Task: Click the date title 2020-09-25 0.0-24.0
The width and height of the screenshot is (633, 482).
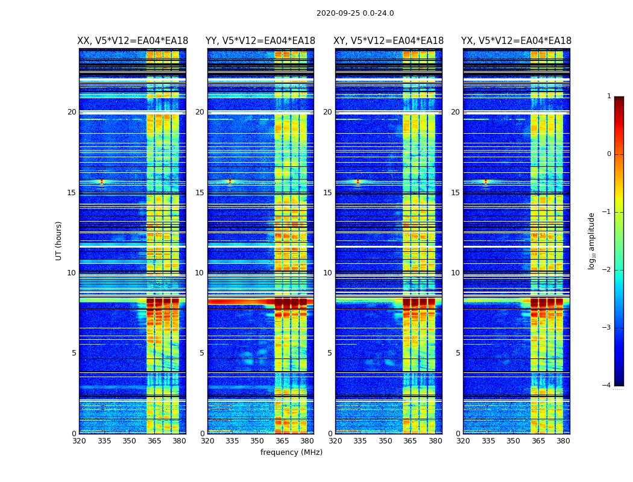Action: point(355,13)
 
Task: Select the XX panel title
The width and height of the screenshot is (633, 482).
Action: point(133,41)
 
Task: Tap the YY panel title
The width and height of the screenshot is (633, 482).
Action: point(260,41)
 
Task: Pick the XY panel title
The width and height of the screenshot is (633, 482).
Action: point(388,41)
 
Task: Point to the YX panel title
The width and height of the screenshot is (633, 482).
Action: point(516,41)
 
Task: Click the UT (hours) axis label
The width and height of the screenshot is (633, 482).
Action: point(59,240)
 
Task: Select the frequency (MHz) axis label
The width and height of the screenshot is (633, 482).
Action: point(291,452)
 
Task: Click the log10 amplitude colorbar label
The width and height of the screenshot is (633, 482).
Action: point(591,240)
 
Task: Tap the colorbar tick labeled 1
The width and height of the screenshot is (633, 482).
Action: point(609,96)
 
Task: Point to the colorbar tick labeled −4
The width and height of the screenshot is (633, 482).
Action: point(607,386)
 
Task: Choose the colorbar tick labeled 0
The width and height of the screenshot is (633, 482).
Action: point(609,154)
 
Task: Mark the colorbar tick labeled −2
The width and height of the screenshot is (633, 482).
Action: point(607,270)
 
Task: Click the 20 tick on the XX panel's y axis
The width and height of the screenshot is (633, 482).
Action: point(72,112)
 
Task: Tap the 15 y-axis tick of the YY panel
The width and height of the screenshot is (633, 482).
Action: point(200,193)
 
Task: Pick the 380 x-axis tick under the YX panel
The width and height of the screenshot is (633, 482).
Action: point(563,441)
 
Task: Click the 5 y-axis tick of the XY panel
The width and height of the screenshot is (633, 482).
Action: point(330,353)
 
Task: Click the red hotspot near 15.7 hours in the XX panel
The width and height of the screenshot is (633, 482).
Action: point(101,181)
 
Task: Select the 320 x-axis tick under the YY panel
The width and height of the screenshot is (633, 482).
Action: point(207,441)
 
